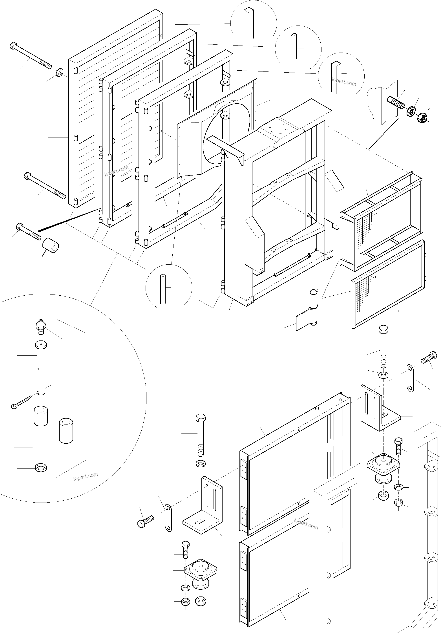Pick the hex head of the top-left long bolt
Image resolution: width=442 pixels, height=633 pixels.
coord(13,46)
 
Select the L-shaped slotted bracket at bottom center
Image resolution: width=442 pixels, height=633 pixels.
coord(204,509)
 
